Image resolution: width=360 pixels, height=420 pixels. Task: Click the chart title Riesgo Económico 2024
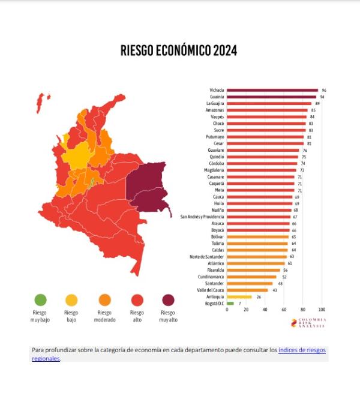coord(179,50)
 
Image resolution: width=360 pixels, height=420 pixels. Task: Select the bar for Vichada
coord(272,90)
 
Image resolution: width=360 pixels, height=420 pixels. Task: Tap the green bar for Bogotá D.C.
coord(230,304)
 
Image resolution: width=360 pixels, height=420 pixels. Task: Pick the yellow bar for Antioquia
coord(239,296)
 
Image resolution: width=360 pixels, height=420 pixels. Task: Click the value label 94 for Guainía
coord(322,97)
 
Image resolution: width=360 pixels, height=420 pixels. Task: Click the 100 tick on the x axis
coord(322,310)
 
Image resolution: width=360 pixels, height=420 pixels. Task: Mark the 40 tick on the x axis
coord(265,310)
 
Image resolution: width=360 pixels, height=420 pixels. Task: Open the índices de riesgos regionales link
coord(302,350)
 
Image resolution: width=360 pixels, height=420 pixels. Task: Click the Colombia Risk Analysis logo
coord(308,323)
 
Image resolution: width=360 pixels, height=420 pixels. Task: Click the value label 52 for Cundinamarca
coord(284,277)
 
